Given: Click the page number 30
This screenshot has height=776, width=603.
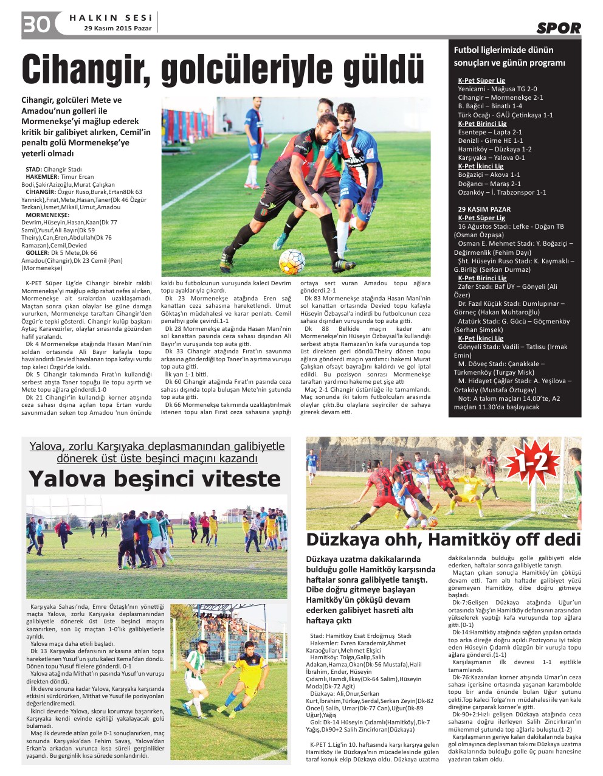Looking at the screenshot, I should [x=36, y=24].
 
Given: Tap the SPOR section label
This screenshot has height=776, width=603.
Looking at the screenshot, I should [x=558, y=27].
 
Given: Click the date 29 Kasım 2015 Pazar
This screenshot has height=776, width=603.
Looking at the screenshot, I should [x=118, y=29].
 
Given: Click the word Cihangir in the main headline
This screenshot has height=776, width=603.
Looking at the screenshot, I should [x=86, y=71].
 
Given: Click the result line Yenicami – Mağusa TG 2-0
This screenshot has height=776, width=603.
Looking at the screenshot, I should [x=497, y=89].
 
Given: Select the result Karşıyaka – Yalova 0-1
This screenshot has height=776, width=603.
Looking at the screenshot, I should [x=491, y=158].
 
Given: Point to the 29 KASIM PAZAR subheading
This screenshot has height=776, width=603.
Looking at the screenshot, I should [x=484, y=209].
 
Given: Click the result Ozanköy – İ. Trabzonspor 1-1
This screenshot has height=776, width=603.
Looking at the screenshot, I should [x=501, y=192].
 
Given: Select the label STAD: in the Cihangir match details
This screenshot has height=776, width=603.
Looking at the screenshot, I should [x=33, y=169].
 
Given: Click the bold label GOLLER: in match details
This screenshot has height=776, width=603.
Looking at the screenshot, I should [x=38, y=252].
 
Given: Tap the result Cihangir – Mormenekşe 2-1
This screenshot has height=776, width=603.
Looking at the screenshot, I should [x=500, y=97].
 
